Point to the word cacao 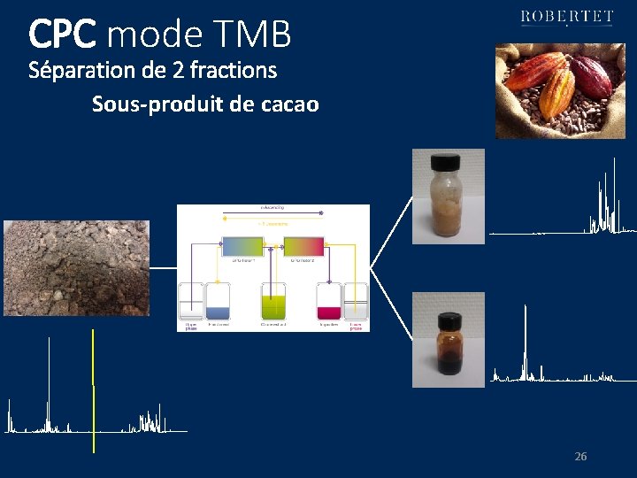[x=290, y=105]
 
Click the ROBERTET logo [x=567, y=18]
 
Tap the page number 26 [x=580, y=457]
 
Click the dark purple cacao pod [x=590, y=76]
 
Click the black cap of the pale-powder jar [x=444, y=163]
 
